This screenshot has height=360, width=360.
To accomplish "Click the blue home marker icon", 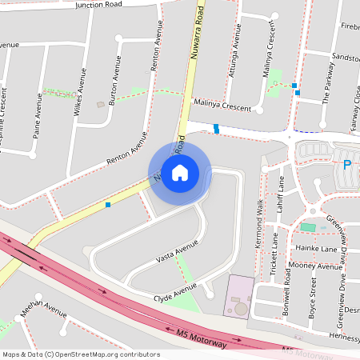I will (180, 172).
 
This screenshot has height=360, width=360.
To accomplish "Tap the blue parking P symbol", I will (346, 166).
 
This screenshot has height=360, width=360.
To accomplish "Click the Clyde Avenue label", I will (175, 293).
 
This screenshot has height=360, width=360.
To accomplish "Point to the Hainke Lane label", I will (319, 250).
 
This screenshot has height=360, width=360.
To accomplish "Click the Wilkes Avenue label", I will (81, 93).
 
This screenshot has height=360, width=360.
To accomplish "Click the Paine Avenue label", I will (37, 117).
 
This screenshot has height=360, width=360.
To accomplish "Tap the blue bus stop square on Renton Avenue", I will (108, 204).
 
